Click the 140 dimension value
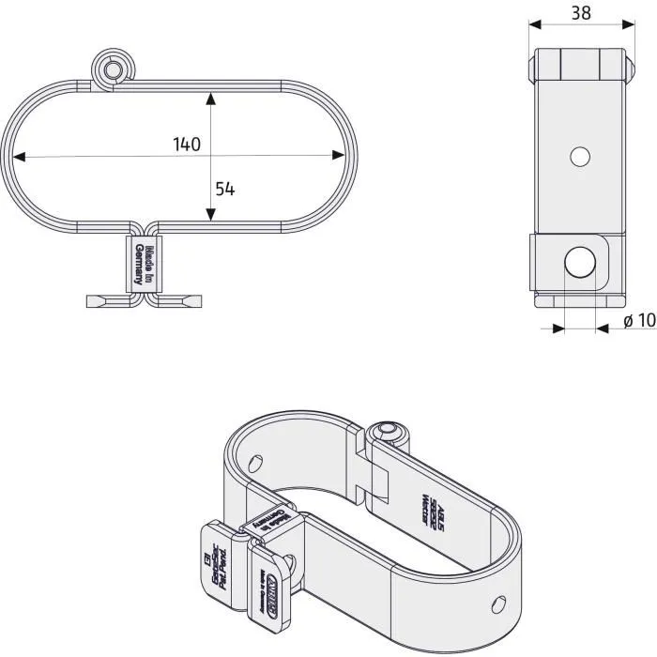187,145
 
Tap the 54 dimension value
224,189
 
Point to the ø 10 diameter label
638,321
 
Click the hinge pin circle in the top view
113,70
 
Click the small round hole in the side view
580,156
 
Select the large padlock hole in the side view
580,262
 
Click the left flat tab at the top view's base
107,300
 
